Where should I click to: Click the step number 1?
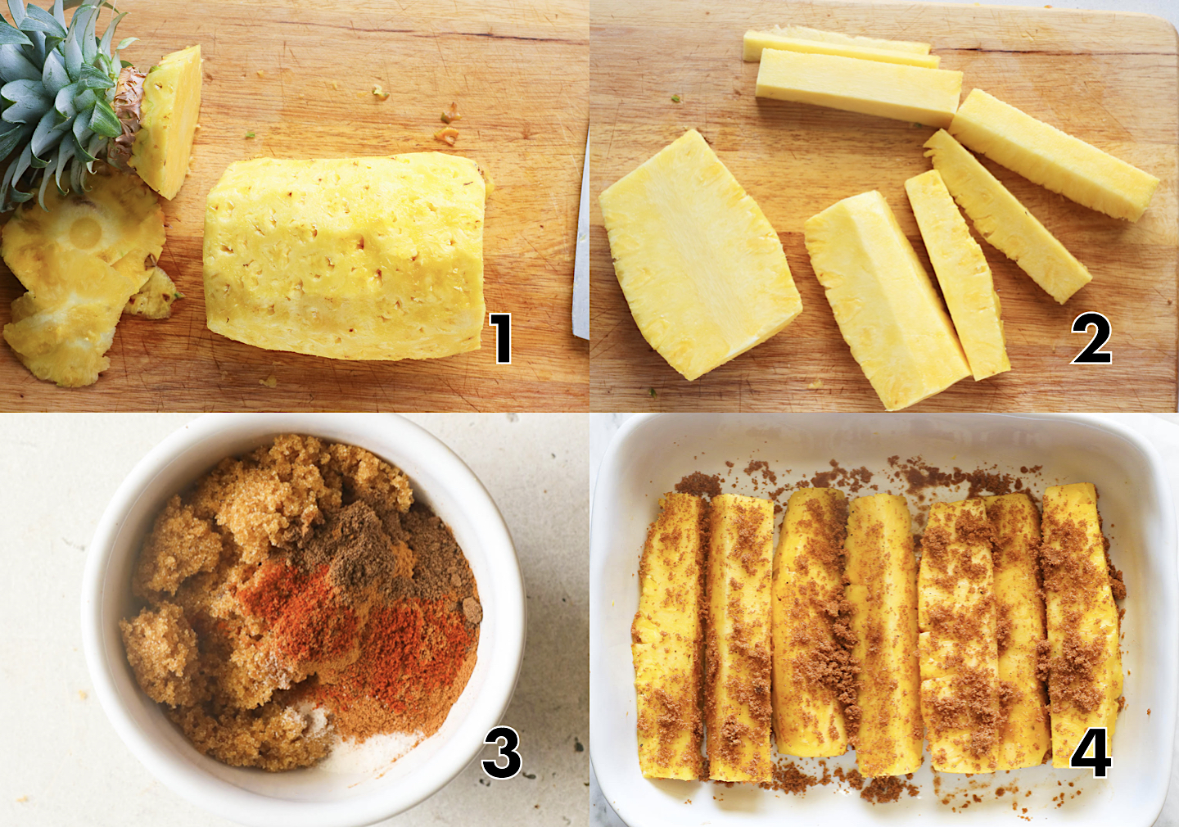pos(501,338)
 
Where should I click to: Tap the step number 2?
pos(1091,339)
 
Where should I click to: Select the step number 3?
pos(501,753)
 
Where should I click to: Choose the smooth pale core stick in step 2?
pos(858,86)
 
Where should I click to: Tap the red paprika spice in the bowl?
pos(393,647)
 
